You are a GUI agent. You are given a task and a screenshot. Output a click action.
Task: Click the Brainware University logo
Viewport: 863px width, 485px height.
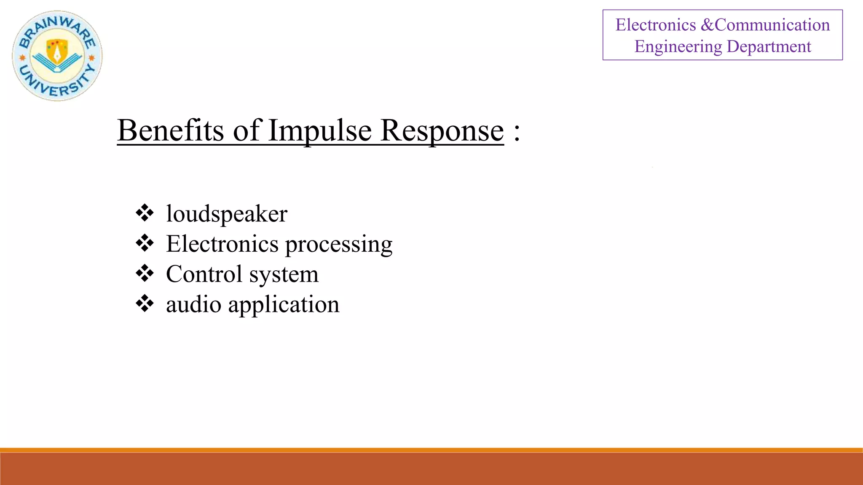point(57,56)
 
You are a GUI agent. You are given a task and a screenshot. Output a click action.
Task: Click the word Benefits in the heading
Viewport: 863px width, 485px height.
point(170,130)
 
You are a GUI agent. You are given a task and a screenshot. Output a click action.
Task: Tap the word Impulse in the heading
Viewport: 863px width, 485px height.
point(320,130)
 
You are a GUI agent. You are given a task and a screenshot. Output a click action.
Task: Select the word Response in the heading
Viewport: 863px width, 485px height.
point(442,130)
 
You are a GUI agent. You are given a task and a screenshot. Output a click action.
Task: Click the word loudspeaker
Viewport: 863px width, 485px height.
point(227,214)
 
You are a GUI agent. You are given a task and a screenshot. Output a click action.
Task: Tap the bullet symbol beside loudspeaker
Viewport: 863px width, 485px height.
point(145,213)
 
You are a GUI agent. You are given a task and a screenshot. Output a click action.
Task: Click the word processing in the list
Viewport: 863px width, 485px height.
point(339,244)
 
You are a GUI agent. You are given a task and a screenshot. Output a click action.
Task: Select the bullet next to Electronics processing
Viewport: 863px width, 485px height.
point(145,243)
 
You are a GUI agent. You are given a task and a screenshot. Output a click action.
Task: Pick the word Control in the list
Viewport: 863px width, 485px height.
point(204,274)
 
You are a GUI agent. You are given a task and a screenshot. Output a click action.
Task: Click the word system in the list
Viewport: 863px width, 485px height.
point(284,275)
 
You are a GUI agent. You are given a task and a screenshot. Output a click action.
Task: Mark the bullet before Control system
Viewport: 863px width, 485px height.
point(145,273)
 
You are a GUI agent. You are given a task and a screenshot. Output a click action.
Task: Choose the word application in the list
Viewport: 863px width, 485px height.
point(284,305)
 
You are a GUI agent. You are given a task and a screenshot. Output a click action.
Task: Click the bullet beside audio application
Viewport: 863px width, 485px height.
point(145,304)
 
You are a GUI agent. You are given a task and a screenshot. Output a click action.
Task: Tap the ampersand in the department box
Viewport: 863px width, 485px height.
point(708,25)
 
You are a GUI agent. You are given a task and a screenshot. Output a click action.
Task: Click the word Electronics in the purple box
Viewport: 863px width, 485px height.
point(655,25)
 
